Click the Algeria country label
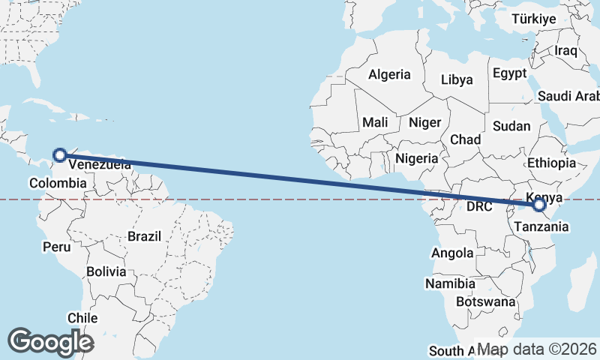click(389, 74)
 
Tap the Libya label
click(457, 79)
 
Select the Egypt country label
click(510, 73)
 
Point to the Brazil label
click(144, 236)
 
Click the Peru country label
click(56, 247)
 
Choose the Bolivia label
click(106, 271)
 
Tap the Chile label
click(82, 318)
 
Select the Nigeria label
click(416, 158)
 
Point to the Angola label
click(452, 253)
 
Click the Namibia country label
click(450, 284)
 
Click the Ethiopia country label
click(551, 163)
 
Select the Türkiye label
click(533, 19)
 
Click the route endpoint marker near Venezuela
click(60, 156)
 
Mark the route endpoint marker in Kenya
click(538, 205)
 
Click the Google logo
click(50, 342)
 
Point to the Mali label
click(375, 121)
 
